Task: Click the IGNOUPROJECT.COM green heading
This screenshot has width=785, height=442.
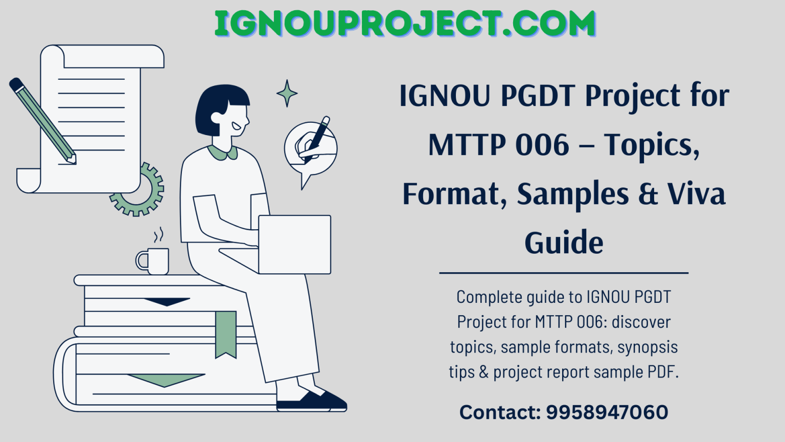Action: tap(405, 24)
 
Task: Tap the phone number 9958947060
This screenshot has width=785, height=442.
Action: tap(607, 412)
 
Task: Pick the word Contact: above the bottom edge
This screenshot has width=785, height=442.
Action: tap(500, 412)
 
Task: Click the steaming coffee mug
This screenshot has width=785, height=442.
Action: tap(154, 260)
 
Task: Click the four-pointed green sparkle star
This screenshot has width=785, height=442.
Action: tap(287, 93)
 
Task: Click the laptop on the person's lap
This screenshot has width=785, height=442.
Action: tap(294, 245)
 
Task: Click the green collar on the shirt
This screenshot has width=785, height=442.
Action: tap(223, 152)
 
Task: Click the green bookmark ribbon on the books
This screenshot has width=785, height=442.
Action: tap(225, 333)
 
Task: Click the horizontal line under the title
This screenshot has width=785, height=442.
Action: tap(564, 273)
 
